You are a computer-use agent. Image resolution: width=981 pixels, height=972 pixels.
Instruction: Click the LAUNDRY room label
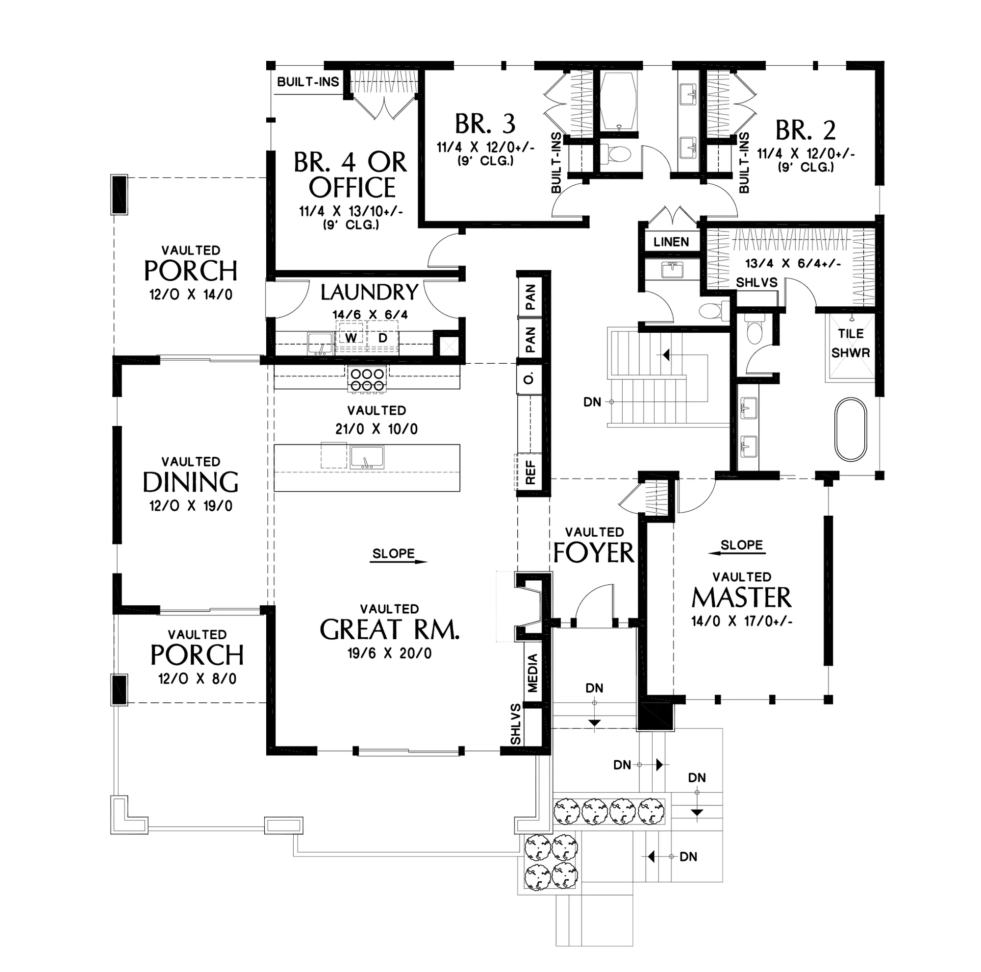click(x=369, y=292)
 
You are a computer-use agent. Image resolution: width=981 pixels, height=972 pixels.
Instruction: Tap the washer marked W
click(x=351, y=338)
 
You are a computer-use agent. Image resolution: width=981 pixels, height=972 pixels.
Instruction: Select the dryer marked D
click(x=383, y=338)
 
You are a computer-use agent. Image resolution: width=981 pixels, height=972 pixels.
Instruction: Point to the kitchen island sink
click(x=367, y=457)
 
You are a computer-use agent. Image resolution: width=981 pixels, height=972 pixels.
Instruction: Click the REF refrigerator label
click(x=530, y=472)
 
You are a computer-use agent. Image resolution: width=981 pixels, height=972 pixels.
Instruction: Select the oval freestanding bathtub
click(x=851, y=429)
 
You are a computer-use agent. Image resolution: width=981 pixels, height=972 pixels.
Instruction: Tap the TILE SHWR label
click(x=851, y=343)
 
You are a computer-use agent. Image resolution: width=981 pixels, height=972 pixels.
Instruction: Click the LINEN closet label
click(x=671, y=242)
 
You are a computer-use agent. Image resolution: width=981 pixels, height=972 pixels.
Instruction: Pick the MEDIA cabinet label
click(x=532, y=673)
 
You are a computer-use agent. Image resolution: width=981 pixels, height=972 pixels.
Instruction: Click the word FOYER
click(x=594, y=552)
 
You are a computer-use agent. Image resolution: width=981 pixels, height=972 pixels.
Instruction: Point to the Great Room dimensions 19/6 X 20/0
click(x=389, y=653)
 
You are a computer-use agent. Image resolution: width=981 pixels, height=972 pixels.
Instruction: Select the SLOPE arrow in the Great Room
click(x=400, y=561)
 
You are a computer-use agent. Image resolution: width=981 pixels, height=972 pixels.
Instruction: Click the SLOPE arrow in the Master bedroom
click(x=737, y=553)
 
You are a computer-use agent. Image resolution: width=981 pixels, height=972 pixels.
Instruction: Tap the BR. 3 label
click(x=485, y=124)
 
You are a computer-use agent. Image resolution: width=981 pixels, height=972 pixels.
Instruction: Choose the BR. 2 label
click(x=805, y=130)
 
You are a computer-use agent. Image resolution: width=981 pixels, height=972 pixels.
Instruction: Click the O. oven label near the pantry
click(x=529, y=378)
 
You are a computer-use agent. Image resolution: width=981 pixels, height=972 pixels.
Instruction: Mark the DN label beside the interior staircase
click(x=592, y=402)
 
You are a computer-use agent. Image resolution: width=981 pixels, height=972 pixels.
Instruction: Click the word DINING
click(x=190, y=482)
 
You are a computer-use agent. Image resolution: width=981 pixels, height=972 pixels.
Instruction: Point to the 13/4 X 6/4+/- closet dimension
click(x=793, y=263)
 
